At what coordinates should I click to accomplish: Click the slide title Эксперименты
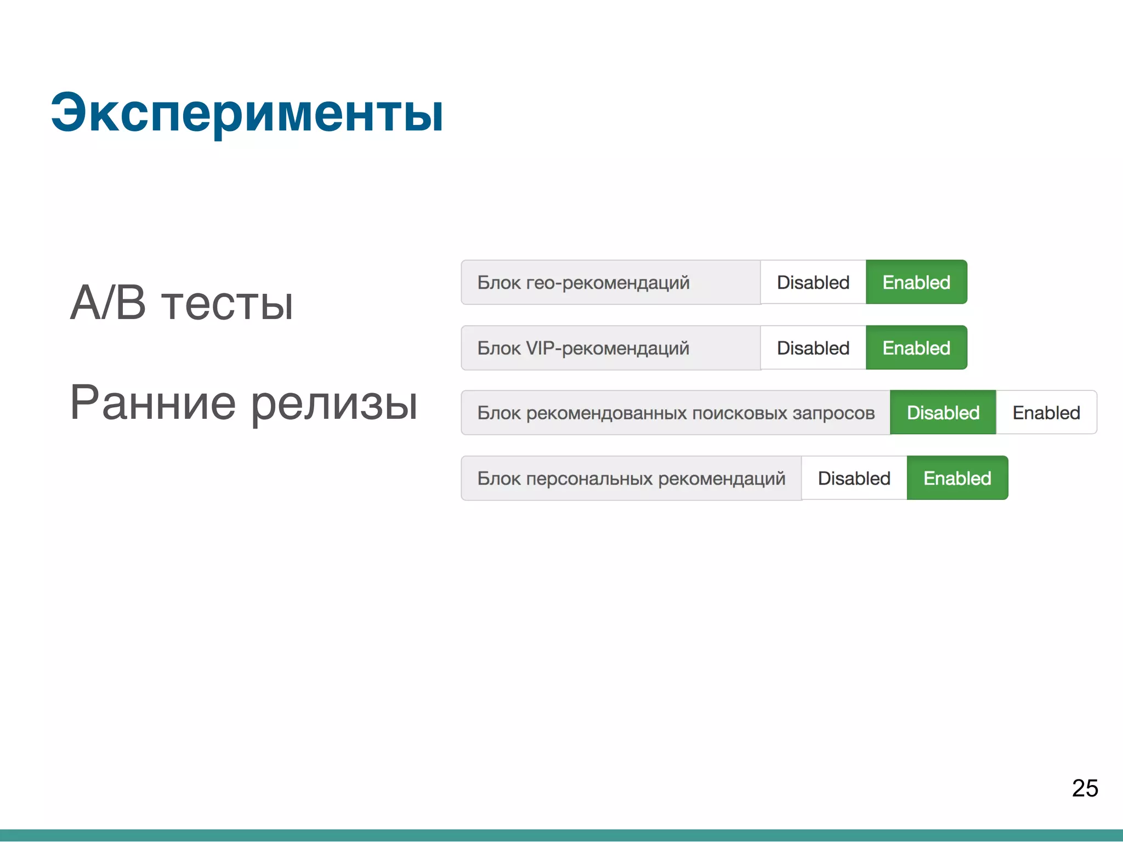coord(247,113)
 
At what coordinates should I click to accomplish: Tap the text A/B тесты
coord(182,303)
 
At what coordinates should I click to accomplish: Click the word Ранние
coord(153,403)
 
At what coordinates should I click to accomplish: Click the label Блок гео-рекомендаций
coord(583,283)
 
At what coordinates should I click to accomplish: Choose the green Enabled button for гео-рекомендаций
coord(916,282)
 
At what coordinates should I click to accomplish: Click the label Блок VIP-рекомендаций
coord(583,348)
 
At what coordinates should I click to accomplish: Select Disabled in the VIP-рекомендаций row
coord(813,348)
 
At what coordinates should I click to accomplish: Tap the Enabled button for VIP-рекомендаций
coord(916,348)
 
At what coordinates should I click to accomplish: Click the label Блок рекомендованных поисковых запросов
coord(676,413)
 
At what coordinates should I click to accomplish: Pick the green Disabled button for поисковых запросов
coord(943,413)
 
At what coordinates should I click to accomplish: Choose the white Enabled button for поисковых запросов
coord(1046,413)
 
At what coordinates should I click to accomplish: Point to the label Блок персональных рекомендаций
coord(631,479)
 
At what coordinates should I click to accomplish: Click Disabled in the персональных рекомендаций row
coord(854,479)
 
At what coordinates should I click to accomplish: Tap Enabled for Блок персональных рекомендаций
coord(957,479)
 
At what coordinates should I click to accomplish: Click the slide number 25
coord(1085,788)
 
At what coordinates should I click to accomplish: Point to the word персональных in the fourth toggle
coord(589,479)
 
